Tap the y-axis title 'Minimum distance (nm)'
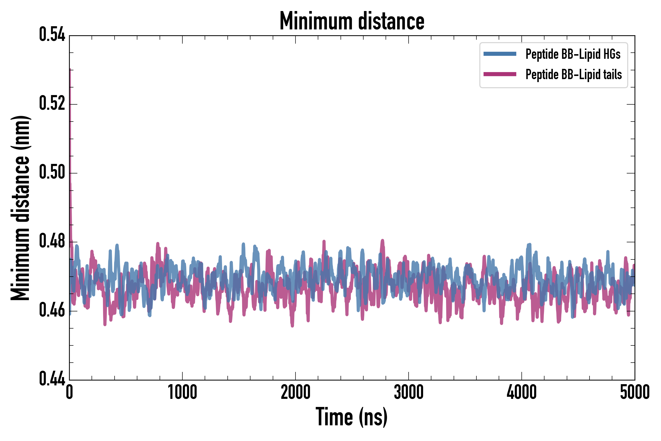[20, 208]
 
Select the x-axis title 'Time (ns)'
[352, 417]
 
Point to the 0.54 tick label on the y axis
[52, 35]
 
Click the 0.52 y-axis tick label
[52, 103]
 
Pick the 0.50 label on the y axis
[52, 172]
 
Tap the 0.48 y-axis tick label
[52, 241]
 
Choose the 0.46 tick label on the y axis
[52, 310]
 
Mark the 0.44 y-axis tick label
[52, 379]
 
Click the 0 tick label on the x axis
[70, 392]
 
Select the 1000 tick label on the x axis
[182, 392]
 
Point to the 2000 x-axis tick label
[295, 392]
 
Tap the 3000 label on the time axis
[409, 392]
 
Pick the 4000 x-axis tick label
[522, 392]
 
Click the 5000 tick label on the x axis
[635, 392]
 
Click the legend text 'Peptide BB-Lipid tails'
[574, 74]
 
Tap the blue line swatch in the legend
[500, 54]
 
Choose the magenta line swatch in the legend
[500, 74]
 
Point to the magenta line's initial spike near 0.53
[70, 70]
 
